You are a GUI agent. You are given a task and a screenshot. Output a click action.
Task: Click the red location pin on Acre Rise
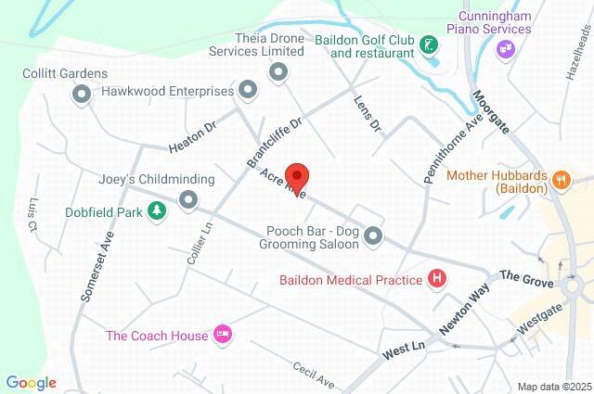point(297,176)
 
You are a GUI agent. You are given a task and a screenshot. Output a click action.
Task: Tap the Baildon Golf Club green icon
point(428,44)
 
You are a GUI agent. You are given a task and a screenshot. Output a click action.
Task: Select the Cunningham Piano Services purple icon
point(506,49)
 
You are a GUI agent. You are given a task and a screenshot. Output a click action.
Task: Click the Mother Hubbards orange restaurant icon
point(561,180)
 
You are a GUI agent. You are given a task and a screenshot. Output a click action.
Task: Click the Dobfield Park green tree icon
point(159,212)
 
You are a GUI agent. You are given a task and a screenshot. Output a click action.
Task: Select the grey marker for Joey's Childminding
point(189,199)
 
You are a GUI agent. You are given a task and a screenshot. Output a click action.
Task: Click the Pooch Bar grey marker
point(374,236)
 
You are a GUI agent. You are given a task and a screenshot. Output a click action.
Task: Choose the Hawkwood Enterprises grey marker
point(248,90)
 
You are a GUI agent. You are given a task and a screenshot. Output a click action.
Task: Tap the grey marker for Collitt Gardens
point(81,93)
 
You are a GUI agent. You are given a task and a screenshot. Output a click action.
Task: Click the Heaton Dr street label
point(192,140)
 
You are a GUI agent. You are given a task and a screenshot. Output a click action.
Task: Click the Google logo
point(31,382)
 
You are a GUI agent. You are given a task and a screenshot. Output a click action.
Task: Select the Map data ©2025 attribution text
point(555,386)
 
